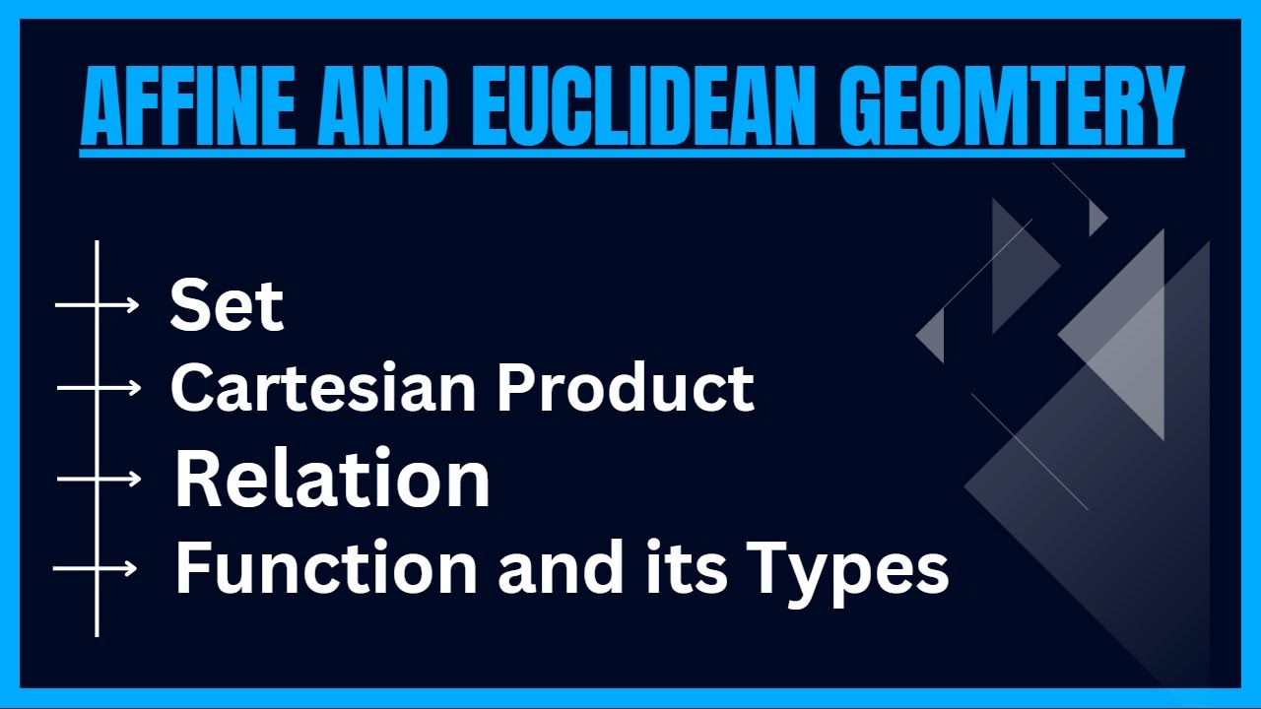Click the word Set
[x=227, y=305]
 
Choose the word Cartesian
[x=325, y=388]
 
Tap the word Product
[x=625, y=388]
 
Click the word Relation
[x=332, y=480]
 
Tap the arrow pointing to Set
[x=98, y=306]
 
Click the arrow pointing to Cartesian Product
[x=100, y=389]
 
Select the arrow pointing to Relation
[x=100, y=480]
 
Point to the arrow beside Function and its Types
[x=96, y=568]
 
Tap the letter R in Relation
[x=198, y=480]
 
